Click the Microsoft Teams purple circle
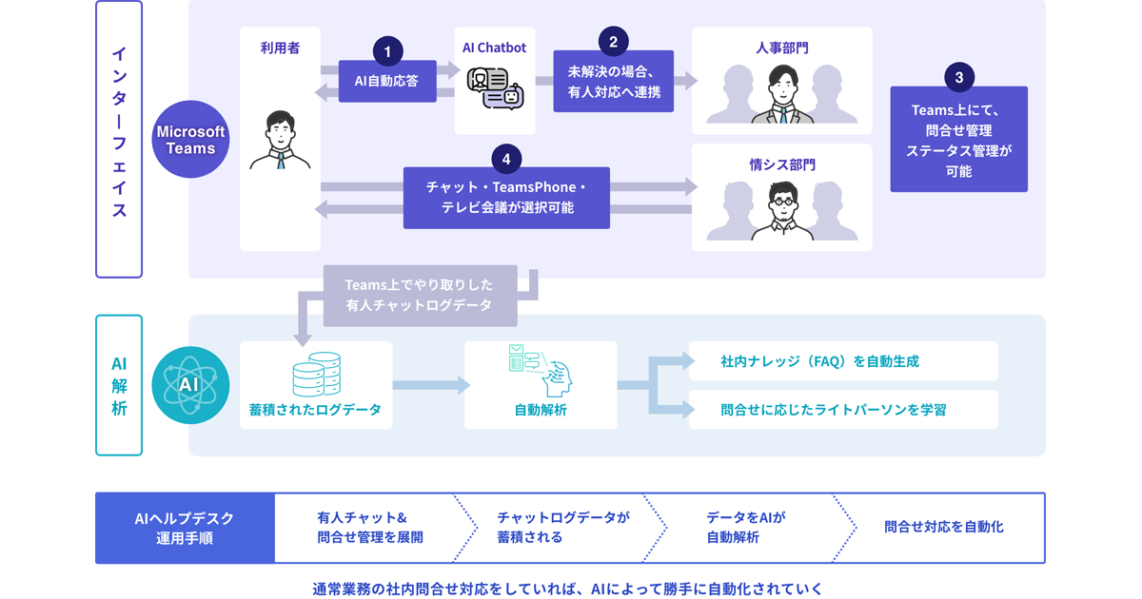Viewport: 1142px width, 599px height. point(190,139)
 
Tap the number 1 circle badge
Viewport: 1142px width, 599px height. point(387,51)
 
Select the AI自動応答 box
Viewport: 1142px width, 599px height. point(387,82)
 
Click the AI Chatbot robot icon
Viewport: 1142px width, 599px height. point(495,87)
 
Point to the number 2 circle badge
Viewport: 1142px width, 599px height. point(613,41)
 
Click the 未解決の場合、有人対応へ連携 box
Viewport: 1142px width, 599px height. point(613,82)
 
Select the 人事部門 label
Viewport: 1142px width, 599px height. point(781,47)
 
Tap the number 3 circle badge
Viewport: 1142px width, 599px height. point(958,77)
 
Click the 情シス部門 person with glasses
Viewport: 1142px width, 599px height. point(781,210)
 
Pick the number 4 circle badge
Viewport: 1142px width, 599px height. point(506,160)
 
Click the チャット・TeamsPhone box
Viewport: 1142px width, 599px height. point(506,197)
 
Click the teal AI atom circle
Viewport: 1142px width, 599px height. point(190,385)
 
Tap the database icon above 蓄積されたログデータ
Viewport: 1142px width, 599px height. point(316,374)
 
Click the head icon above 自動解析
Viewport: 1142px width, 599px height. point(540,371)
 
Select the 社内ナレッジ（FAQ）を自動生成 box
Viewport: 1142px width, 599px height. point(842,361)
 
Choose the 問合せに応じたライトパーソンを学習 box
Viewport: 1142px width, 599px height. point(842,410)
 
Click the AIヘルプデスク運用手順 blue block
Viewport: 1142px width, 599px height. point(185,528)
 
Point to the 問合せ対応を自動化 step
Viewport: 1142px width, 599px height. point(943,527)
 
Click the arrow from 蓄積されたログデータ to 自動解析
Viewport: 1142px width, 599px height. point(430,385)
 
